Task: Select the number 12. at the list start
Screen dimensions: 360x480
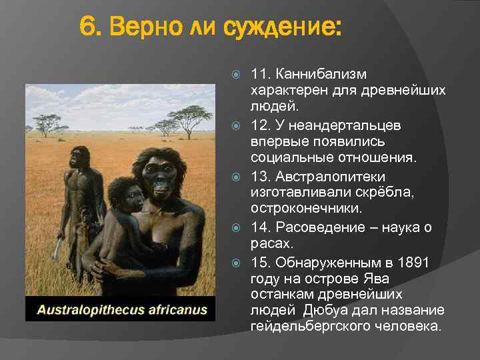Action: pos(261,125)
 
